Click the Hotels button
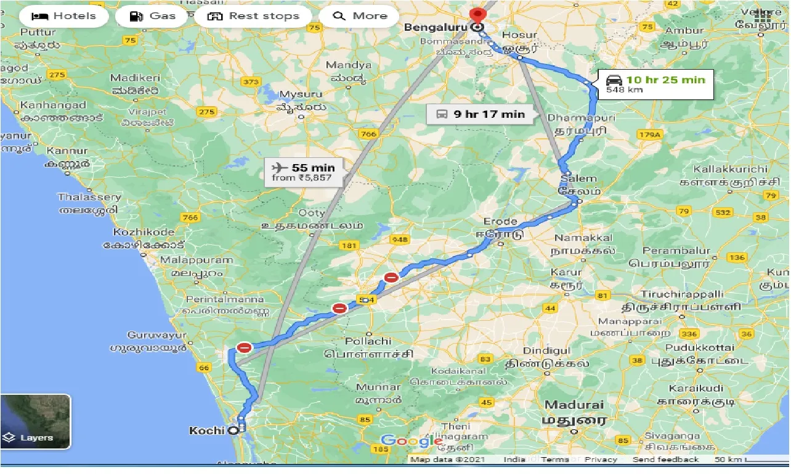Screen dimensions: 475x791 [63, 16]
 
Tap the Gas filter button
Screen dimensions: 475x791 [153, 16]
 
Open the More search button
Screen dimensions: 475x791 [362, 16]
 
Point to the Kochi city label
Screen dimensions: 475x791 [207, 431]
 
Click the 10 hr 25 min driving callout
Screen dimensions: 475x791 [655, 84]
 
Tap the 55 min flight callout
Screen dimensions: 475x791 [303, 172]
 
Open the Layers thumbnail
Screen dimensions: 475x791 [36, 421]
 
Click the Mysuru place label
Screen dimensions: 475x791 [301, 94]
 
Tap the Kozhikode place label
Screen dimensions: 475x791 [144, 232]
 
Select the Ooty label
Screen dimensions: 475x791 [311, 213]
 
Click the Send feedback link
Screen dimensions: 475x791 [665, 460]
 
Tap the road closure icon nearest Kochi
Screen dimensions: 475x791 [245, 348]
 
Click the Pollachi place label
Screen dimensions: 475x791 [368, 341]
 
